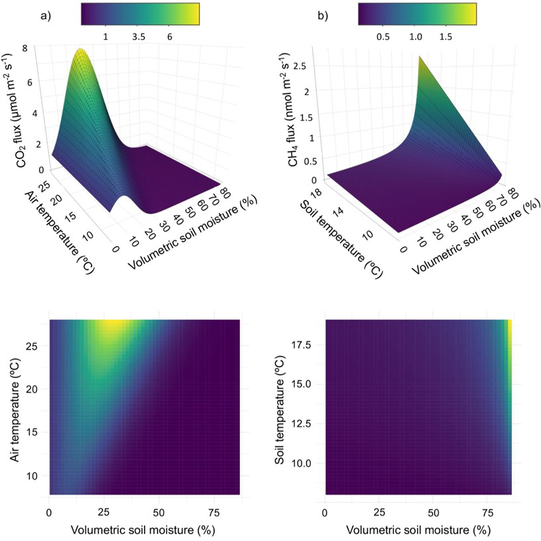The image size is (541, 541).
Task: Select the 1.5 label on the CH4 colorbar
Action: point(445,36)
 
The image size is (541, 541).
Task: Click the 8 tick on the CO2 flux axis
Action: point(42,48)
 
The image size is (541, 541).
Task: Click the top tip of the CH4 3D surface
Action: point(420,57)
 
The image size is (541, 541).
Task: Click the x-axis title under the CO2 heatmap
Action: point(144,531)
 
